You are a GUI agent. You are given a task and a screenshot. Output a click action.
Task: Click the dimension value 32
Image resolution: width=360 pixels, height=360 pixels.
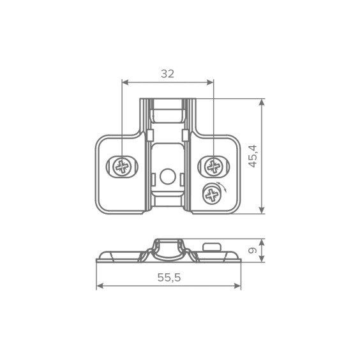(168, 74)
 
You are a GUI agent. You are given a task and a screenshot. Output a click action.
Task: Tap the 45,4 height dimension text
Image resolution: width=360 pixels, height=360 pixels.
(253, 156)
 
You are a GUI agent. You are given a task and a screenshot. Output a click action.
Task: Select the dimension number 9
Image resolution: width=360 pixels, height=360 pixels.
(253, 250)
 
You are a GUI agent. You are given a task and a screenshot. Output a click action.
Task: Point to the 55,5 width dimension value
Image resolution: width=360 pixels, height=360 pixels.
(169, 278)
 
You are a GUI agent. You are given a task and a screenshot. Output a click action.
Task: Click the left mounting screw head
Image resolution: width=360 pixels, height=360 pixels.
(122, 167)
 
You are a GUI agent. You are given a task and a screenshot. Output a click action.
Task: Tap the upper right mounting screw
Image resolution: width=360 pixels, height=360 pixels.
(214, 167)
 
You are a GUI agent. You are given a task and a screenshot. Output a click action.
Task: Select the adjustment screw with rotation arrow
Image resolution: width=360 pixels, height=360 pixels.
(212, 195)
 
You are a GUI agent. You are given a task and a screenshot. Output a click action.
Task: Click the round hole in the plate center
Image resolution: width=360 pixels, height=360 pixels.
(168, 176)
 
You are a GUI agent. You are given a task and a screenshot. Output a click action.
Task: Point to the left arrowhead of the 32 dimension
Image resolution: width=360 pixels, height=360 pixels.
(125, 82)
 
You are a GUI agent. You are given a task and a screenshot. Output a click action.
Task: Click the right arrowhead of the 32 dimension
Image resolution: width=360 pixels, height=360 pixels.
(210, 82)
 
